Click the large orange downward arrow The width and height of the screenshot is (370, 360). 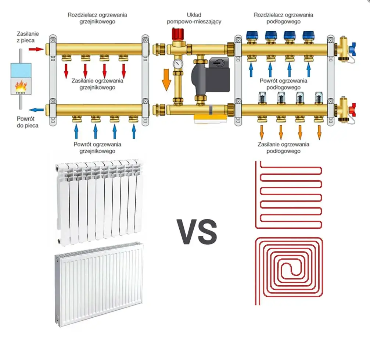click(x=166, y=79)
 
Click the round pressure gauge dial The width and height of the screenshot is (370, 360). click(x=178, y=64)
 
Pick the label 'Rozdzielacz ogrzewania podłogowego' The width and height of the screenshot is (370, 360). click(x=283, y=18)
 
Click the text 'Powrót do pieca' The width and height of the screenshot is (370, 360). click(x=28, y=122)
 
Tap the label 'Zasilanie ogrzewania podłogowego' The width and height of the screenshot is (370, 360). click(x=283, y=147)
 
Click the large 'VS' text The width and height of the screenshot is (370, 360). click(x=197, y=232)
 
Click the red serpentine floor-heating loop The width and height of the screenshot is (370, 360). click(x=289, y=195)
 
